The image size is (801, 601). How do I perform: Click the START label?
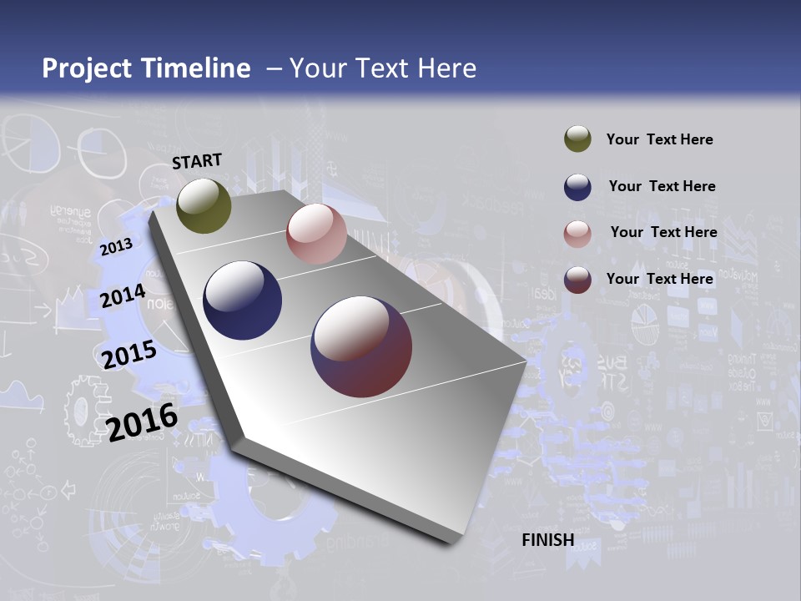pos(197,160)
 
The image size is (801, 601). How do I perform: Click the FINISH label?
pos(547,540)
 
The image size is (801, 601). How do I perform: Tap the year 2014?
pos(123,296)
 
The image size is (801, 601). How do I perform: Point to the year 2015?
pos(128,355)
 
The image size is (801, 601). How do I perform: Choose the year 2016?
pos(142,422)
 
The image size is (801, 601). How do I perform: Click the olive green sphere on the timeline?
pos(204,206)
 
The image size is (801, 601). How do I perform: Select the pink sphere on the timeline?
pos(316,234)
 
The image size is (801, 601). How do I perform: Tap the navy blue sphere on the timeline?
pos(243,300)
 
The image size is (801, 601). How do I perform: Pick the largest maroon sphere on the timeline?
pos(361,346)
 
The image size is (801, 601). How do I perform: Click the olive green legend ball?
pos(577,139)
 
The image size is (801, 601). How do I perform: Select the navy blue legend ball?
pos(577,186)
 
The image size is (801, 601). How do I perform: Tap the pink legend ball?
pos(577,233)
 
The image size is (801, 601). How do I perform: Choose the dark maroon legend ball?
pos(577,279)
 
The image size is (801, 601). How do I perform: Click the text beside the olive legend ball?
pos(659,139)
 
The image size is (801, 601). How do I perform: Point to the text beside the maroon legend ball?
pos(659,279)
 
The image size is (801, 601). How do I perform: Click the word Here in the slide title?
pos(447,68)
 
